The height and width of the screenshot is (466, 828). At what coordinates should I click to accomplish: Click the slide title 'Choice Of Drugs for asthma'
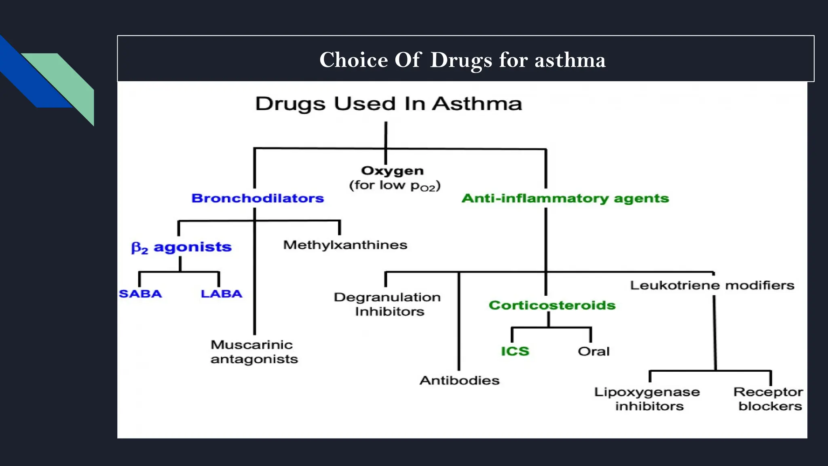click(x=463, y=60)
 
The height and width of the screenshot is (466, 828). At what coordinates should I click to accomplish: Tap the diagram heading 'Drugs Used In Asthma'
click(x=389, y=104)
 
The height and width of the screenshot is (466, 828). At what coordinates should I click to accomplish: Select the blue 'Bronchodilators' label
click(x=258, y=198)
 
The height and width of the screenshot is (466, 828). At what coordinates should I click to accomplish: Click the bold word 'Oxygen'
click(x=392, y=171)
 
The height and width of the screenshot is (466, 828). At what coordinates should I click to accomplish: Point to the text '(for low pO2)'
click(x=395, y=186)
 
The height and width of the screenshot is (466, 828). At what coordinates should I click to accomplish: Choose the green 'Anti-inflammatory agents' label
click(x=565, y=198)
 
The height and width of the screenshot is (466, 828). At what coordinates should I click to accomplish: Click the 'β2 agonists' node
click(x=182, y=247)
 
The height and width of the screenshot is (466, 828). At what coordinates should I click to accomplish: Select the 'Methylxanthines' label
click(x=345, y=245)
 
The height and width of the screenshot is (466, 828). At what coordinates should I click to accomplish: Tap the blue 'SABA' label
click(x=140, y=294)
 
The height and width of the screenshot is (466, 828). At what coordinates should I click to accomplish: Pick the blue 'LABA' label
click(x=222, y=294)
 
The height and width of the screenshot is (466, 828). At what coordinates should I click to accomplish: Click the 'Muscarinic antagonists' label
click(x=254, y=352)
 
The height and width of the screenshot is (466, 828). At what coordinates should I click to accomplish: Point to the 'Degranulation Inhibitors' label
click(x=387, y=304)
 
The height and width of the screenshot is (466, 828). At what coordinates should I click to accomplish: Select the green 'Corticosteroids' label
click(x=552, y=305)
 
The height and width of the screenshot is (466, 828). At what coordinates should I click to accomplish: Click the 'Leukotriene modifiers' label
click(x=712, y=285)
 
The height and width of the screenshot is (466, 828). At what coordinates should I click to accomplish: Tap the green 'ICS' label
click(x=515, y=351)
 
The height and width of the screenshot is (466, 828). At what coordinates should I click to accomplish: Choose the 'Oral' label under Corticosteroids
click(x=594, y=351)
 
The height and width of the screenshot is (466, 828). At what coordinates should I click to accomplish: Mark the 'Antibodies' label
click(x=460, y=380)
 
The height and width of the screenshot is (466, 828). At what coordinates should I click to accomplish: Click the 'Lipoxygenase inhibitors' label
click(x=647, y=399)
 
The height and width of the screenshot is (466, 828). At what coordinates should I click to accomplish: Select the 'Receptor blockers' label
click(x=769, y=399)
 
